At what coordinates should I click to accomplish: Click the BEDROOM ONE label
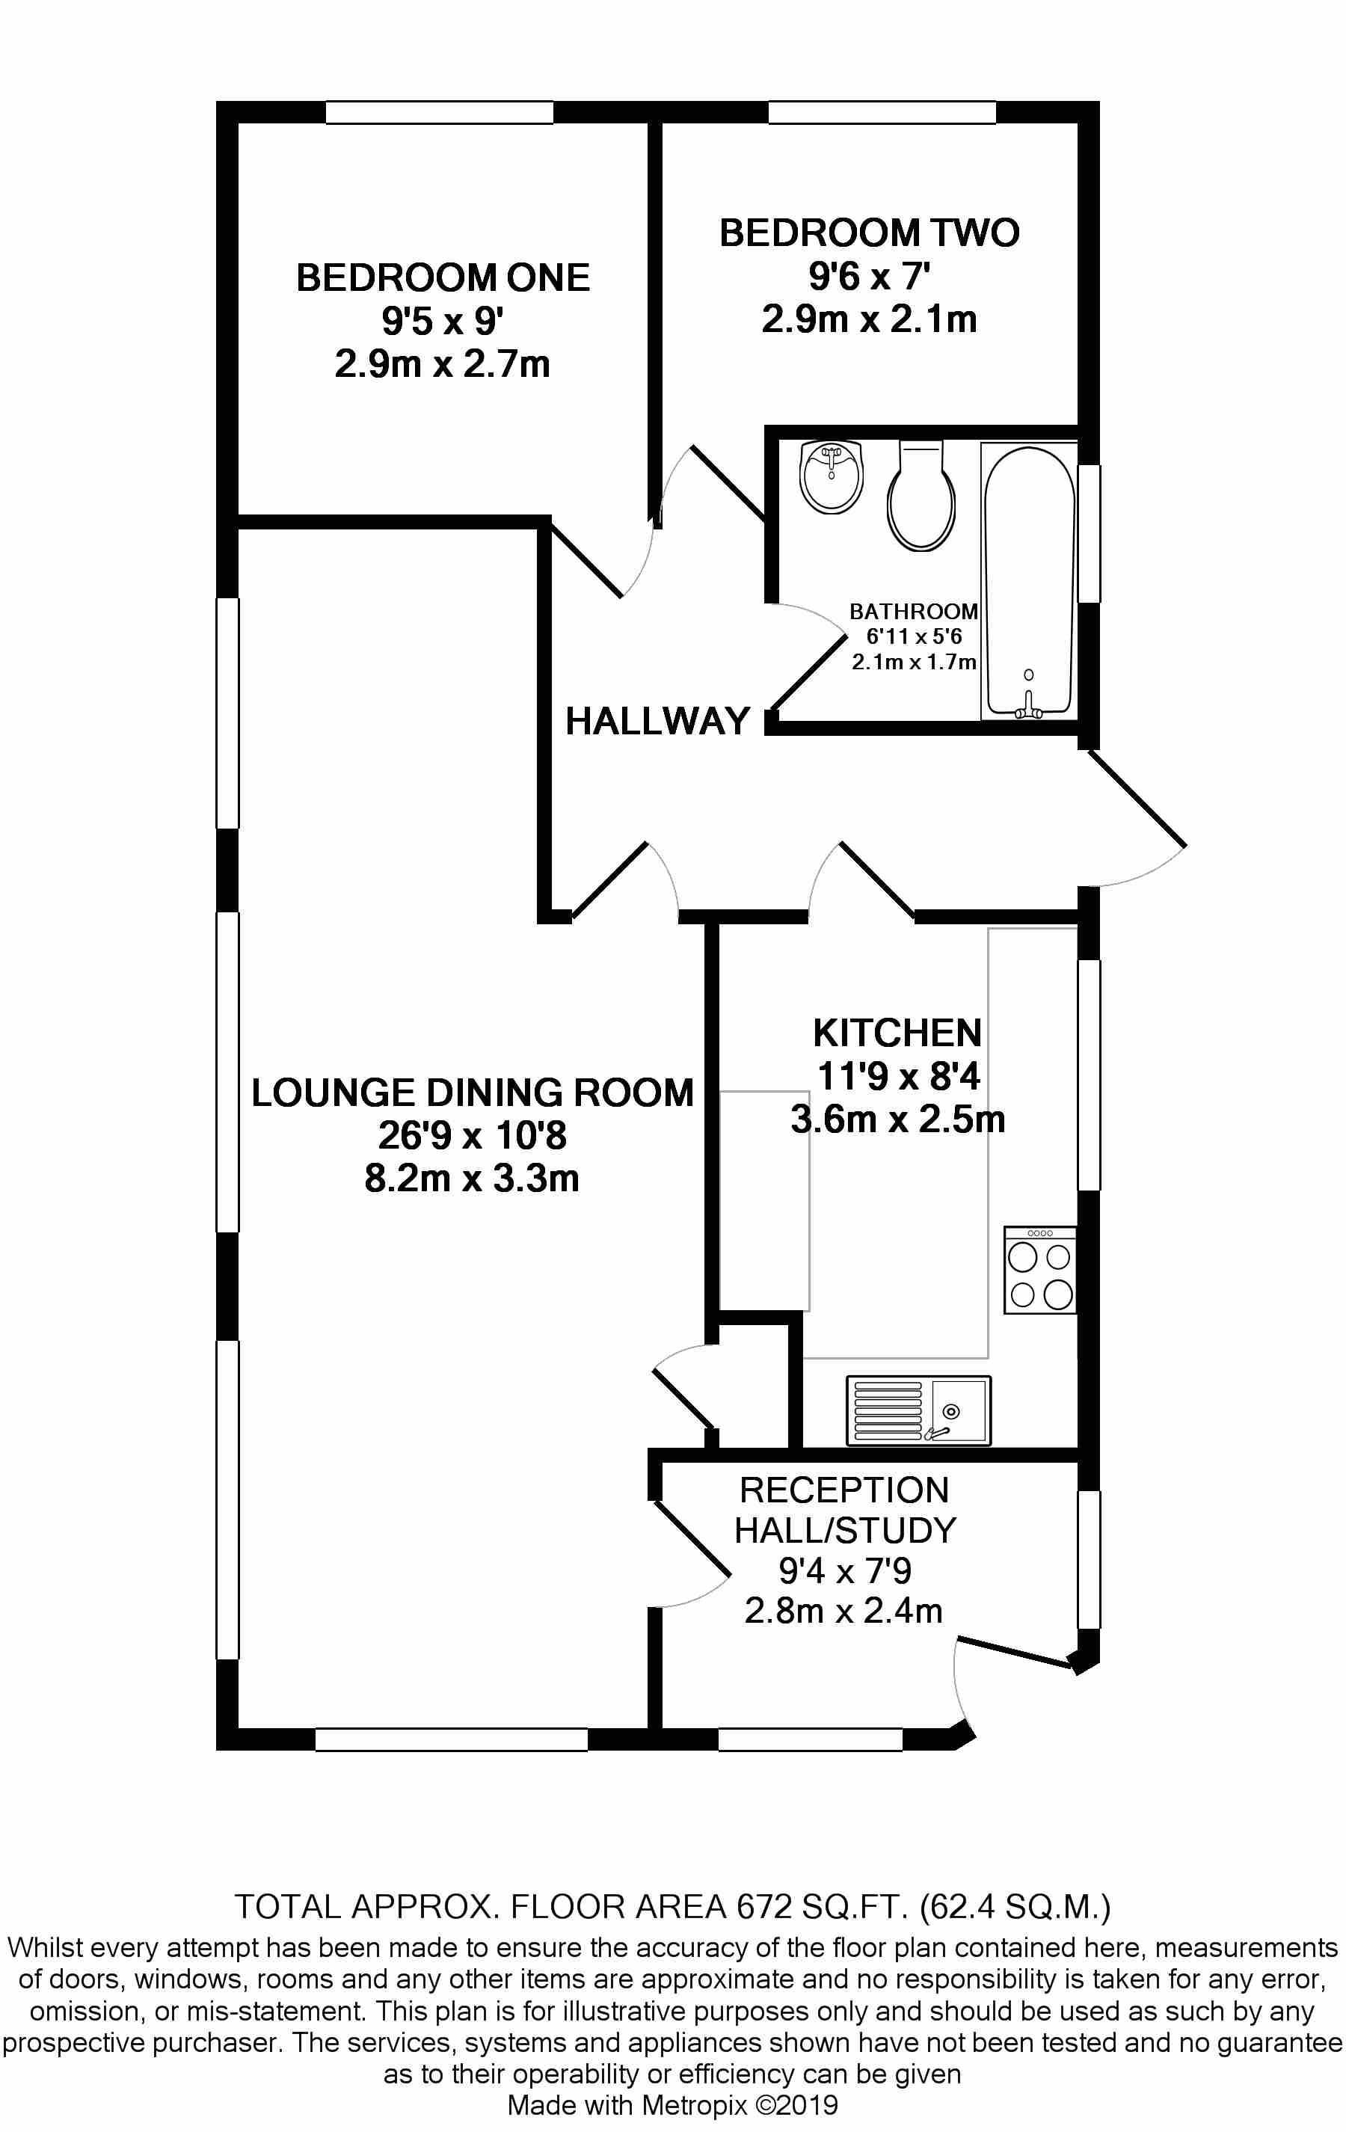(443, 278)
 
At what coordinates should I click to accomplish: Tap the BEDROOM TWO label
(870, 233)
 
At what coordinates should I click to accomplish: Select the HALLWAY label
(658, 722)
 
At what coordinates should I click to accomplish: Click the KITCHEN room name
(897, 1033)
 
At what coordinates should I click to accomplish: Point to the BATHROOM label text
(913, 611)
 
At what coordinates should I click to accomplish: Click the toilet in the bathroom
(922, 496)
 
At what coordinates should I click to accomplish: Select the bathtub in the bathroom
(1029, 581)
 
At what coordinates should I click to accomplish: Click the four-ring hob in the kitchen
(1040, 1270)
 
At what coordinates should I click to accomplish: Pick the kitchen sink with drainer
(918, 1410)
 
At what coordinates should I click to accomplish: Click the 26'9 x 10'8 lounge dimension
(472, 1136)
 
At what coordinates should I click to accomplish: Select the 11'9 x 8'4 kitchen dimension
(898, 1078)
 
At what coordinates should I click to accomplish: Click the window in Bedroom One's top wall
(440, 112)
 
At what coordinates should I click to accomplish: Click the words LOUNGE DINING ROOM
(472, 1093)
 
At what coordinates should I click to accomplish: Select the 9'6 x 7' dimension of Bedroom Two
(870, 277)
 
